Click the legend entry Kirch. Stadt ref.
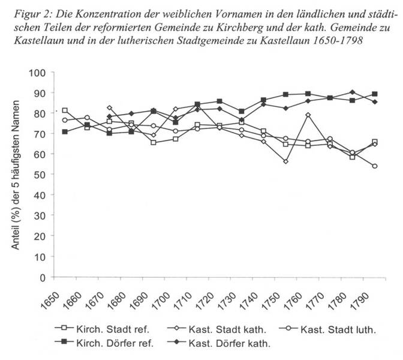(102, 329)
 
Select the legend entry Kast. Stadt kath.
(216, 329)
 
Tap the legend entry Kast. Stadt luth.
(327, 329)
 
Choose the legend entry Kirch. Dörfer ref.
(104, 343)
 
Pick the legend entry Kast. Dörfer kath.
(219, 343)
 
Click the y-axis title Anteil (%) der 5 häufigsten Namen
(16, 175)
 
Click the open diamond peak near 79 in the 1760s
(308, 115)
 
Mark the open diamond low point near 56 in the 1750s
(286, 161)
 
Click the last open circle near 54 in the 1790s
(374, 166)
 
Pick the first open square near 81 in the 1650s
(65, 110)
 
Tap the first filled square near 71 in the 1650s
(65, 131)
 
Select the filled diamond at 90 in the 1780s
(353, 92)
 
